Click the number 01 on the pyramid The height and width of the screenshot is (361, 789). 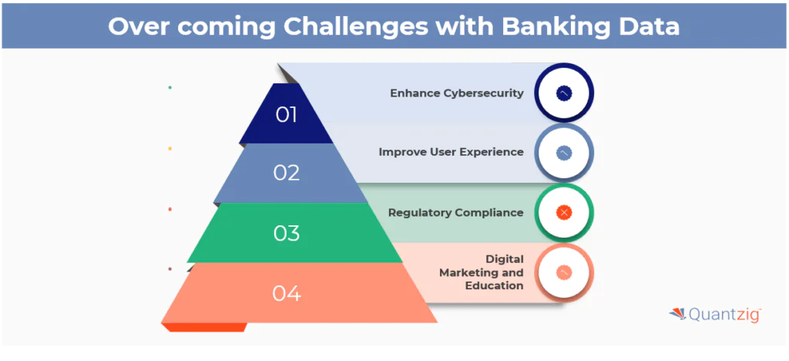point(286,115)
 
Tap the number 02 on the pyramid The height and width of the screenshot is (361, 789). point(286,173)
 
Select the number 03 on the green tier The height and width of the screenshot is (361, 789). point(286,233)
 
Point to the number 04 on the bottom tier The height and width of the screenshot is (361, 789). point(286,293)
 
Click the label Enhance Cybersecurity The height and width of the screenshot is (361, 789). point(456,93)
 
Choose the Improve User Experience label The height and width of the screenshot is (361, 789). point(451,152)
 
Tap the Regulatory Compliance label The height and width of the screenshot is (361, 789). point(455,212)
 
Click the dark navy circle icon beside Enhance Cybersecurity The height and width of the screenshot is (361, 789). point(563,93)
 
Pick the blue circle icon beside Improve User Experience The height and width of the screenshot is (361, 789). point(563,153)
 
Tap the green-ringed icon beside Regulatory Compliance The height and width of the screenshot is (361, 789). point(563,212)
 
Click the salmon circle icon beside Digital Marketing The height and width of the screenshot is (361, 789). point(563,272)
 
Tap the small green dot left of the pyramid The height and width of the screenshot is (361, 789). point(170,87)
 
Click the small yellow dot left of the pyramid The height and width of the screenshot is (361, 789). point(170,148)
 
